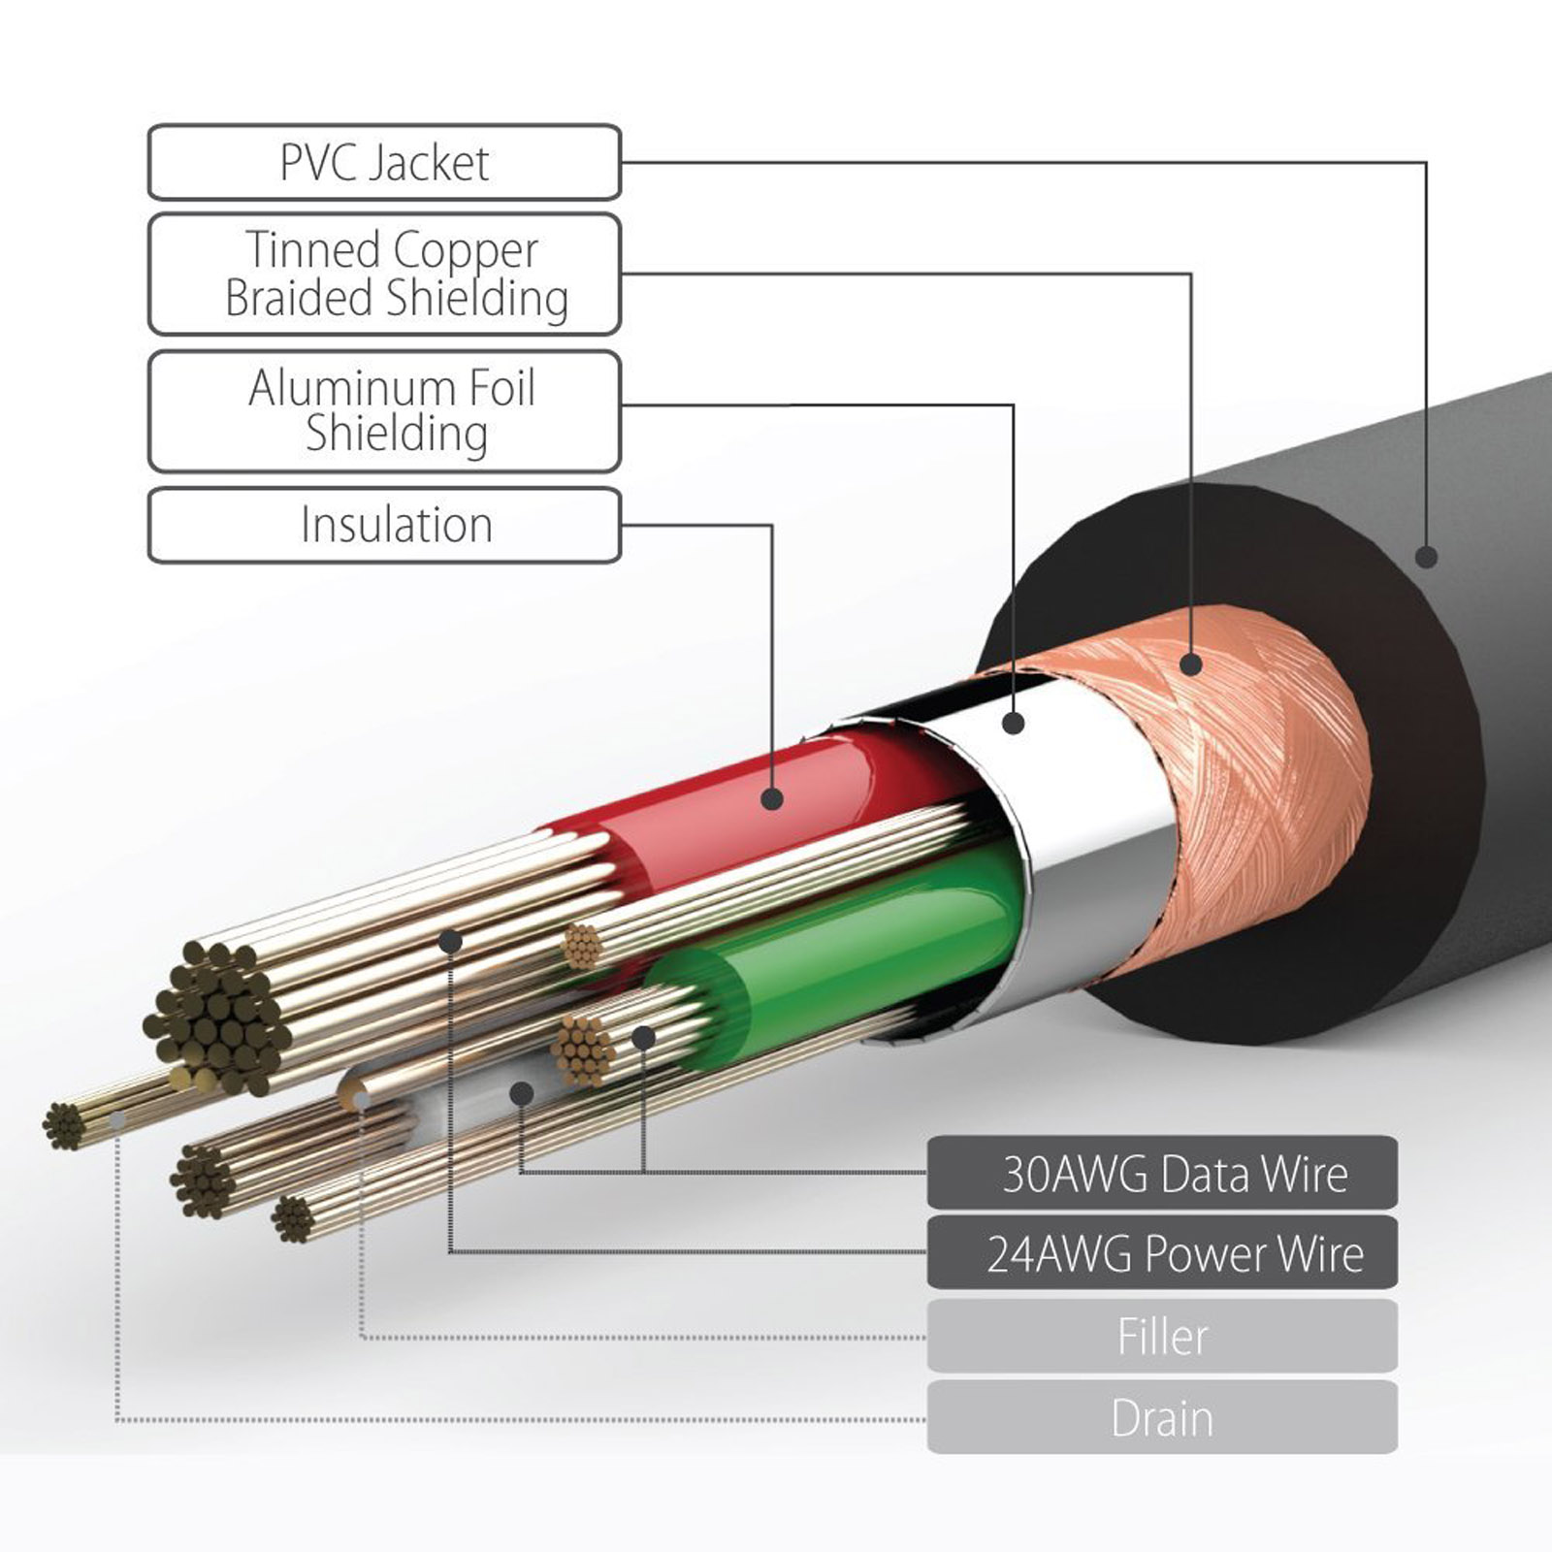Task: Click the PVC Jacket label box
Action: [x=384, y=163]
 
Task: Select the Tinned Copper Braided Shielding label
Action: [x=384, y=275]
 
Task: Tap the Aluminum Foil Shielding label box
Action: [x=384, y=411]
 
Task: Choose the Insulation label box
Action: [x=384, y=525]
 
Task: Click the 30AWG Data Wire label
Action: [x=1162, y=1174]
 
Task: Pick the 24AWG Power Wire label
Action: [x=1162, y=1253]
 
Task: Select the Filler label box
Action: [x=1162, y=1337]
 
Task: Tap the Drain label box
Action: [x=1162, y=1418]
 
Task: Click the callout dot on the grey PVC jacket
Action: [x=1426, y=557]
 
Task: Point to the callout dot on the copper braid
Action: [x=1191, y=664]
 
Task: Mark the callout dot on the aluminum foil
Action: [x=1014, y=723]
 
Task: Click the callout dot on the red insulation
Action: [x=772, y=798]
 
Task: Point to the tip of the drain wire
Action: [x=63, y=1125]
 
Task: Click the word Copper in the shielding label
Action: [x=466, y=250]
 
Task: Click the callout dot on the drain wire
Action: [x=117, y=1119]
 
